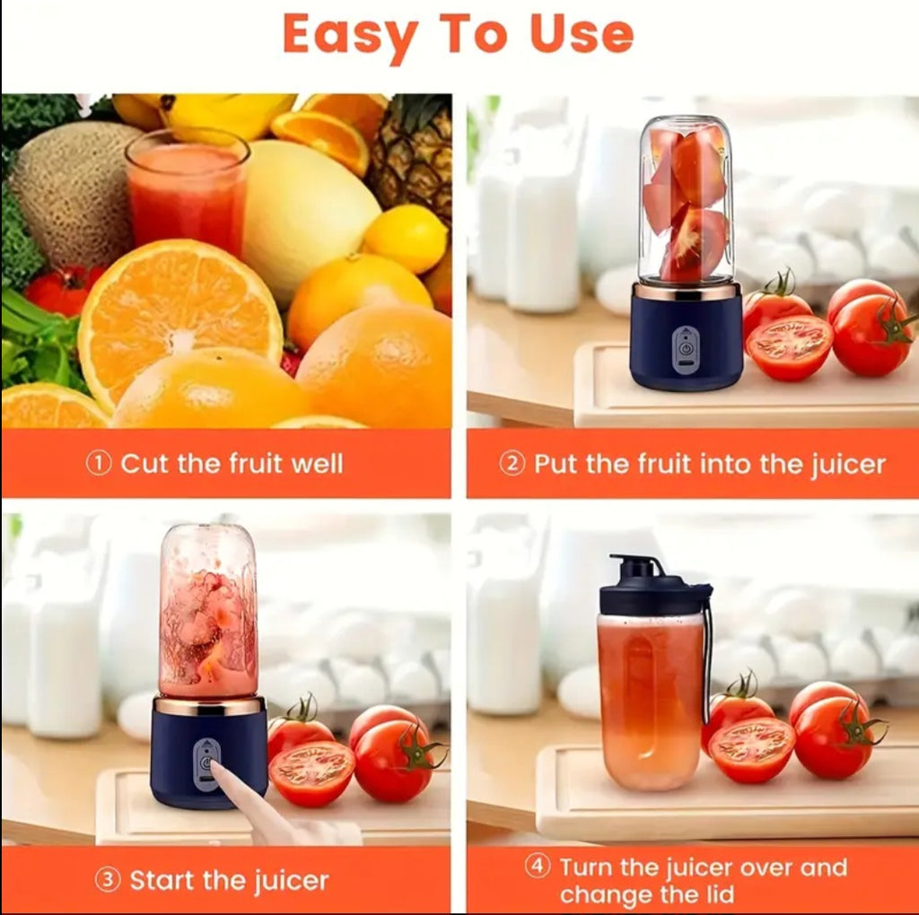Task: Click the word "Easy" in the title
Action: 350,37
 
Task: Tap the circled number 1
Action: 98,464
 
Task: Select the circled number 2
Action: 512,464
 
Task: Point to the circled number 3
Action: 108,880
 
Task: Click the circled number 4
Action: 538,867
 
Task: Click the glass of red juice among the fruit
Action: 187,193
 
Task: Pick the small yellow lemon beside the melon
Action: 406,239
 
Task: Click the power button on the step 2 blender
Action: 686,344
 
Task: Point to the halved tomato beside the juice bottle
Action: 751,750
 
